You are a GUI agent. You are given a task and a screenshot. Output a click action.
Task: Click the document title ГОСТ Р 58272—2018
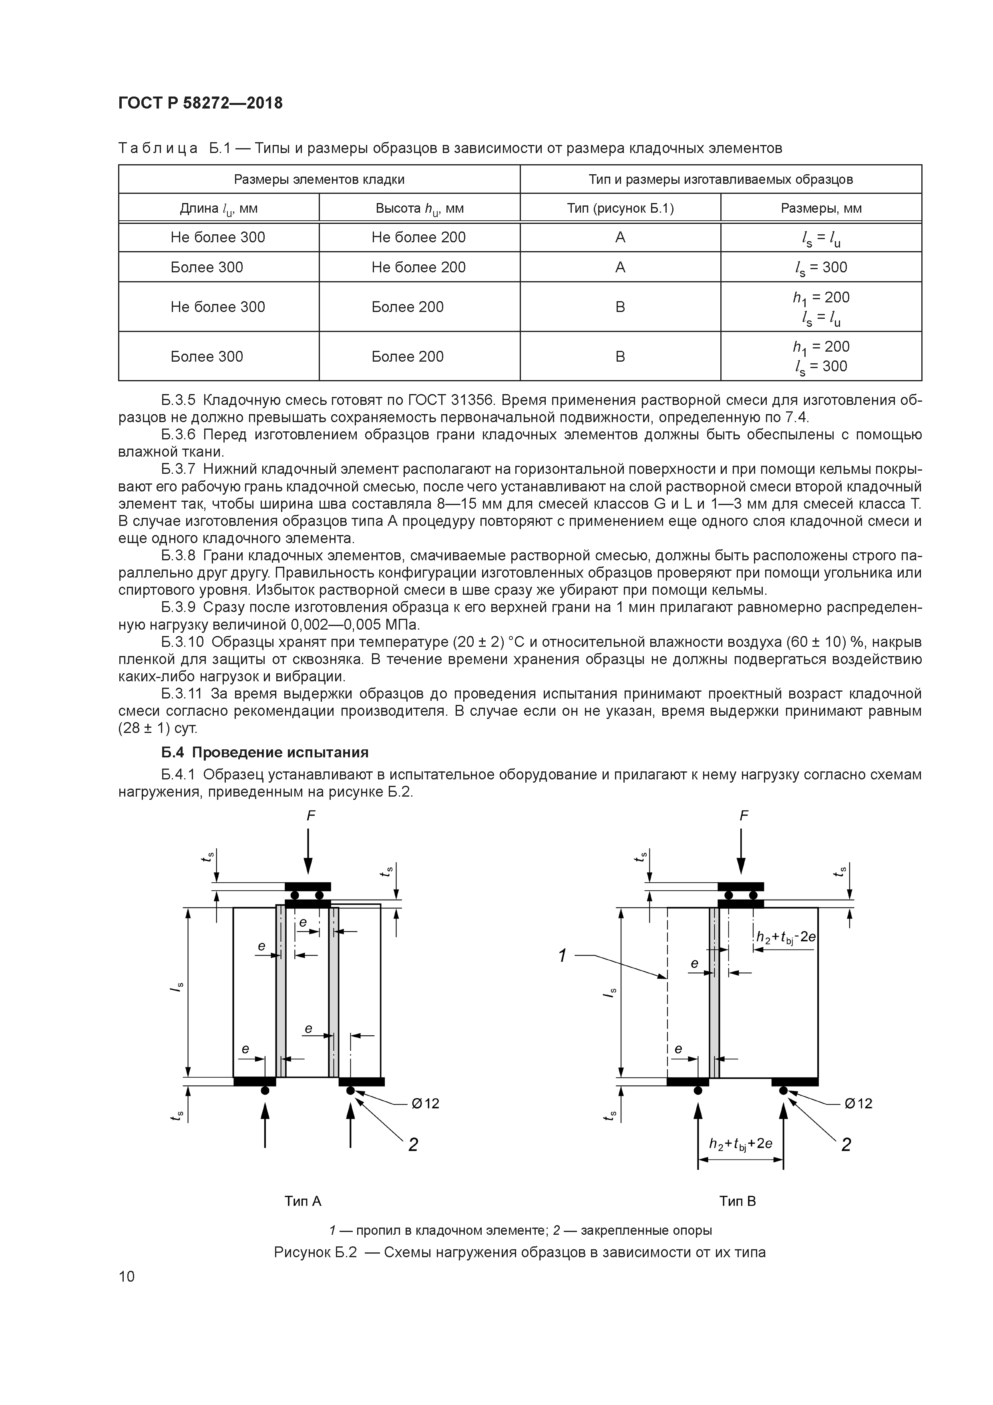pyautogui.click(x=200, y=103)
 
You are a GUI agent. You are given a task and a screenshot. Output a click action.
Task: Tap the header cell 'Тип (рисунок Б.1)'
pyautogui.click(x=620, y=208)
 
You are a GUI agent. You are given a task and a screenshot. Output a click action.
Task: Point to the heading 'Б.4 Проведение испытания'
pyautogui.click(x=265, y=752)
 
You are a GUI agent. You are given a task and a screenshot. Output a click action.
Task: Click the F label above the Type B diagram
pyautogui.click(x=744, y=816)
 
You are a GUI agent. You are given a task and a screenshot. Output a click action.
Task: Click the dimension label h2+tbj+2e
pyautogui.click(x=740, y=1143)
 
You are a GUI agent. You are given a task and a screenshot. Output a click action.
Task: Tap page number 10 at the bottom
pyautogui.click(x=127, y=1276)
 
